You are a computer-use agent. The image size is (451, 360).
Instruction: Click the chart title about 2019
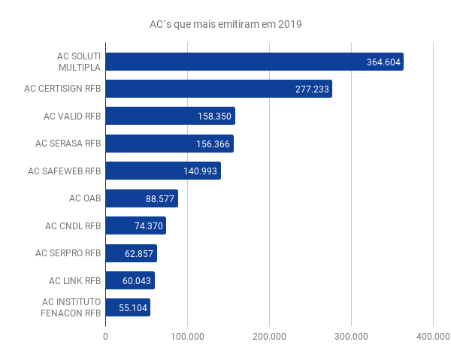click(x=225, y=24)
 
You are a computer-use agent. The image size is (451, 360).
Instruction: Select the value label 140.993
click(x=201, y=171)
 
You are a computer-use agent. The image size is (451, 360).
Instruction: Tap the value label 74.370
click(x=146, y=226)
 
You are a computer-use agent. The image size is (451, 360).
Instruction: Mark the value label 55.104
click(x=132, y=308)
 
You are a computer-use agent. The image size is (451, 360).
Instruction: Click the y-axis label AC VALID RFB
click(x=71, y=116)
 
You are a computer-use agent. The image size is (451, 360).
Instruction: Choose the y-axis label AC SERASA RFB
click(x=68, y=144)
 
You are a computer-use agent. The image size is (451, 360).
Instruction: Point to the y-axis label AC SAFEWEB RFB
click(x=64, y=171)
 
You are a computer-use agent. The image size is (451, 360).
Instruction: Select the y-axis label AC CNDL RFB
click(x=72, y=226)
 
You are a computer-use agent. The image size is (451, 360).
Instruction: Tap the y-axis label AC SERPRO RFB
click(x=68, y=253)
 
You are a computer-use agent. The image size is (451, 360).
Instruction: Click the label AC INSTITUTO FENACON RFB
click(x=70, y=308)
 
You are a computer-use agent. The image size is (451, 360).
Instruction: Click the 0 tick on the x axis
click(x=105, y=337)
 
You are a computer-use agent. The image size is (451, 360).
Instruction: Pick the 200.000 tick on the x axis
click(x=269, y=337)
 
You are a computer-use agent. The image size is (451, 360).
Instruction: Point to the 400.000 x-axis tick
click(x=433, y=337)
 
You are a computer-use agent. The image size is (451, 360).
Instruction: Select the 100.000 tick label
click(x=187, y=337)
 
